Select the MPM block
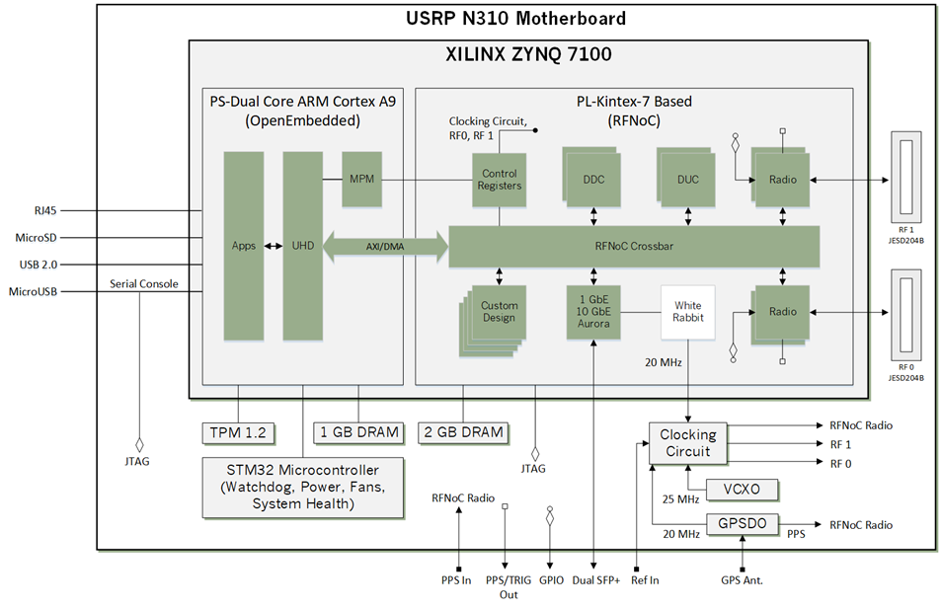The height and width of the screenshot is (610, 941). [360, 180]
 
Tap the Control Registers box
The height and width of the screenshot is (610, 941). [499, 180]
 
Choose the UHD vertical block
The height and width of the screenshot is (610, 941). [302, 246]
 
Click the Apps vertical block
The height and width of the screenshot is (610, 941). [243, 246]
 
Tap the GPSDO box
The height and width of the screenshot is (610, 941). [742, 525]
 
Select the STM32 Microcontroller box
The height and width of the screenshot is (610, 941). [302, 486]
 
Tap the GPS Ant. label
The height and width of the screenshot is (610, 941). [742, 580]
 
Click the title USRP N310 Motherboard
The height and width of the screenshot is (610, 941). [515, 19]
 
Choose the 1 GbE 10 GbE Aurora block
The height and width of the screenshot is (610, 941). [592, 312]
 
